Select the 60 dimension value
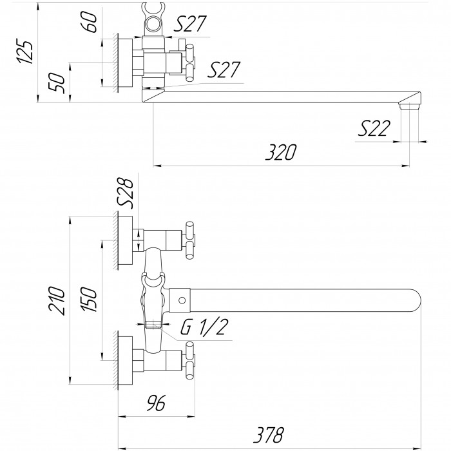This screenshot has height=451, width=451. coord(89,22)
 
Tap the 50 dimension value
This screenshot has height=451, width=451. coord(57,82)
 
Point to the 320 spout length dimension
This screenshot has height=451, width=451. coord(280,152)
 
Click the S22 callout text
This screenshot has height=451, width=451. coord(374,128)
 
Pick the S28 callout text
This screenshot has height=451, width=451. coord(126,193)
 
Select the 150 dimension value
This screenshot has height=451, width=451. coord(88,299)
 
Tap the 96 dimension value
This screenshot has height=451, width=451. coord(156,403)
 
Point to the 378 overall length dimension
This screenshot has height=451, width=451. coord(269,435)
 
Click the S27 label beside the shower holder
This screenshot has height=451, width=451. coord(190,24)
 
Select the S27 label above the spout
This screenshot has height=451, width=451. coord(224,70)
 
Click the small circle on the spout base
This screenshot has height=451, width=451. coord(182,300)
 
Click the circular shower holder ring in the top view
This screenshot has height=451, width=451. coord(153,23)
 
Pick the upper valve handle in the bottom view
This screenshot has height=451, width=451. coord(189,240)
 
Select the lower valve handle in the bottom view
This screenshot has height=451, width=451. coord(189,361)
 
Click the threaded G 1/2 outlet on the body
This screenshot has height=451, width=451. coord(153,324)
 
